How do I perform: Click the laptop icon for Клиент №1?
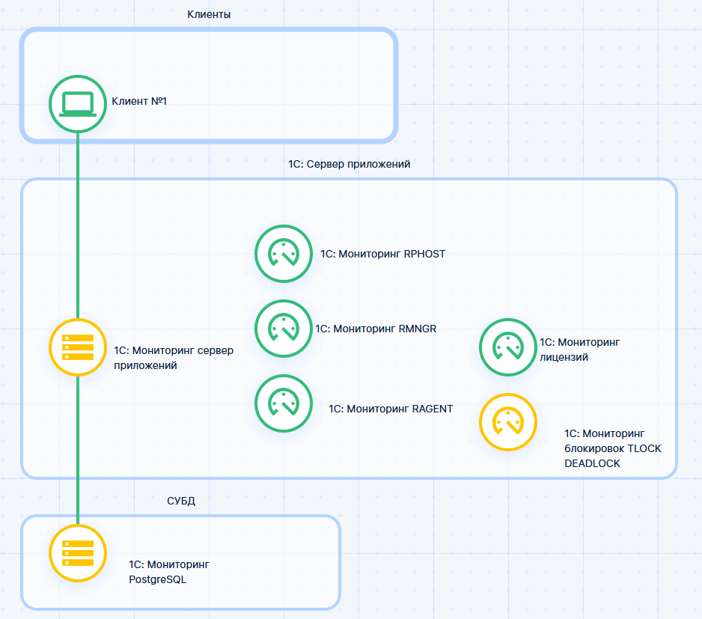point(78,104)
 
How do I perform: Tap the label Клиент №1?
point(139,101)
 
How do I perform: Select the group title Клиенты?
point(209,14)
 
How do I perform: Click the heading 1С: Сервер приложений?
point(350,163)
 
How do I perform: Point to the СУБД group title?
point(181,501)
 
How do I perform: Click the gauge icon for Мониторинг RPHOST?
point(284,254)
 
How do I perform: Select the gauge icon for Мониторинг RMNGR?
point(284,328)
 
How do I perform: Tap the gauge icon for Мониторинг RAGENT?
point(284,403)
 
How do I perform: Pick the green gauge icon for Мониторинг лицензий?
point(508,347)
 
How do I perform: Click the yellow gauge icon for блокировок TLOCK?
point(508,422)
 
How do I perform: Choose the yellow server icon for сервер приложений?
point(78,347)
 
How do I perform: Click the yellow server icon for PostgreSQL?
point(78,553)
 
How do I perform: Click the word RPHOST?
point(424,254)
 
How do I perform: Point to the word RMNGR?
point(419,328)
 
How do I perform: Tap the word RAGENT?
point(433,409)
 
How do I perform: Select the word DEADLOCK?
point(592,464)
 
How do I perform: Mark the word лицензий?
point(564,358)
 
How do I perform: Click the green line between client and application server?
point(78,225)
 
